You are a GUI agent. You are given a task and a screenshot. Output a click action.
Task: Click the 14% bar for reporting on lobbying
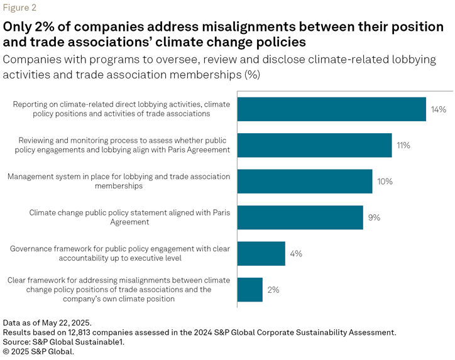click(x=331, y=109)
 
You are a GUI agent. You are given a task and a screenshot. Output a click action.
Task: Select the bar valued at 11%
click(x=314, y=145)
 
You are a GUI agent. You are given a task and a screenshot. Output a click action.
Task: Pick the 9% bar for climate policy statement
click(x=300, y=217)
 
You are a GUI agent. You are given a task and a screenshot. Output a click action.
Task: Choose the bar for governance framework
click(x=261, y=254)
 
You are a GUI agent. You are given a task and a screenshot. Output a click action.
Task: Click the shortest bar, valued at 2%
click(x=249, y=290)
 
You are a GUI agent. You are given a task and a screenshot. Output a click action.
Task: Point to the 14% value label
click(x=438, y=109)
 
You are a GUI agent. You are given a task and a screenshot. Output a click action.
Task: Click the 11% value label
click(x=403, y=145)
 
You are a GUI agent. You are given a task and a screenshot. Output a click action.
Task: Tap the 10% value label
click(x=385, y=182)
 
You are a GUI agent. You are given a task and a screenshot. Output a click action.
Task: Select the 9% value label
click(x=375, y=217)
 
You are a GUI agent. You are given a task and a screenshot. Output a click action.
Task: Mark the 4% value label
click(x=296, y=254)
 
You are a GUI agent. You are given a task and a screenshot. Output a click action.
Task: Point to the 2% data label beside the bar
click(x=273, y=290)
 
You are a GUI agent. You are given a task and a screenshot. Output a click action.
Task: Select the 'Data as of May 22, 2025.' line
click(x=47, y=322)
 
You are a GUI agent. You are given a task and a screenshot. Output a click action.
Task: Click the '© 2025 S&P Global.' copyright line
click(x=38, y=351)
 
